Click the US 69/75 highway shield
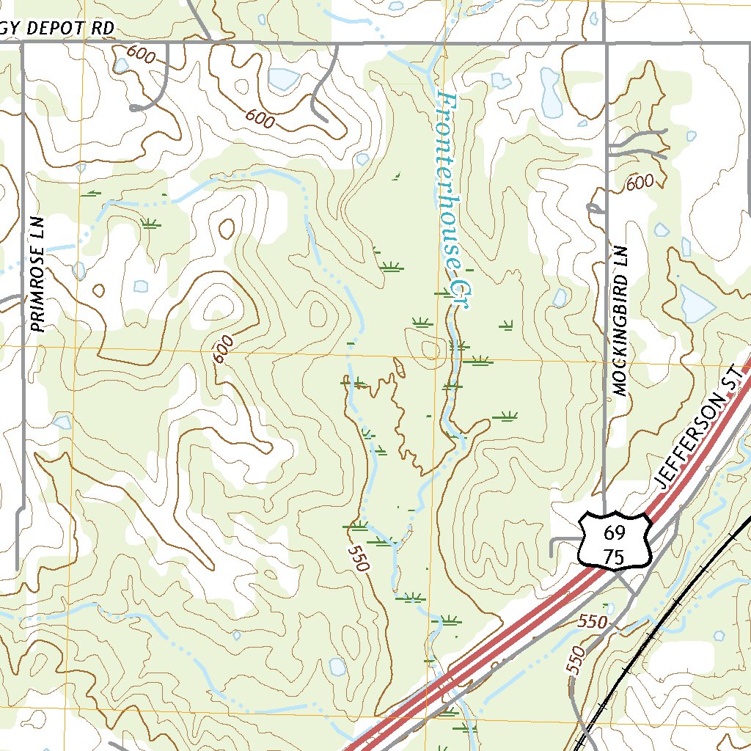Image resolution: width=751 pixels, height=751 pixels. pyautogui.click(x=615, y=541)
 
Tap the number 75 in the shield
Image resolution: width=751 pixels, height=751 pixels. pyautogui.click(x=615, y=557)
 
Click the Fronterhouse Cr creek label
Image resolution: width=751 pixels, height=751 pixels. pyautogui.click(x=450, y=198)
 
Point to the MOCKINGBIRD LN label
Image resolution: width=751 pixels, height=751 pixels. pyautogui.click(x=621, y=320)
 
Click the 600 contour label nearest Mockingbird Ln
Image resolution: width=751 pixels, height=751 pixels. pyautogui.click(x=640, y=183)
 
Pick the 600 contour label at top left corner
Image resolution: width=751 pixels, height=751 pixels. pyautogui.click(x=137, y=52)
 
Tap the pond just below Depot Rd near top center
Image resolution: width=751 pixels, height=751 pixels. pyautogui.click(x=283, y=78)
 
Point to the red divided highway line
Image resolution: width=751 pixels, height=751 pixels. pyautogui.click(x=513, y=631)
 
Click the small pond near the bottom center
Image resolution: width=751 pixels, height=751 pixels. pyautogui.click(x=337, y=666)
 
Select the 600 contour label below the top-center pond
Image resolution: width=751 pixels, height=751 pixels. pyautogui.click(x=260, y=117)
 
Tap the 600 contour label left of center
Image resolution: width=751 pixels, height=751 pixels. pyautogui.click(x=223, y=348)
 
